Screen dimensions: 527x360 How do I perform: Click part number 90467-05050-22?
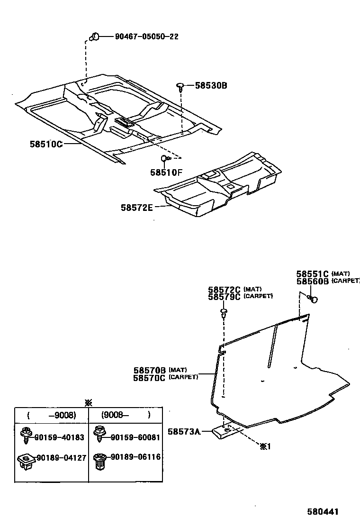(146, 36)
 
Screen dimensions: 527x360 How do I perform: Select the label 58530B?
(211, 86)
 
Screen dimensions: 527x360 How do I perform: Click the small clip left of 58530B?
(181, 86)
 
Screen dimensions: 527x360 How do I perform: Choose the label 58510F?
(166, 173)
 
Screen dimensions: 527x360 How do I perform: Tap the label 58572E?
(136, 207)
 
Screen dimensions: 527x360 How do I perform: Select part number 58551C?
(312, 274)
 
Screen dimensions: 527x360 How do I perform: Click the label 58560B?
(312, 281)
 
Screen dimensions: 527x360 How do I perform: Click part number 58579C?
(224, 297)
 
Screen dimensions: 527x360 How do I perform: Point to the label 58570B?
(149, 370)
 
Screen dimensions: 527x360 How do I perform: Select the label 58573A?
(184, 431)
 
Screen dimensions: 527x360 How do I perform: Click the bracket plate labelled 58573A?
(225, 432)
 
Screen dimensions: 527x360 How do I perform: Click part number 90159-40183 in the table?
(58, 437)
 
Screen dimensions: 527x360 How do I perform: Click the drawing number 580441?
(323, 512)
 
